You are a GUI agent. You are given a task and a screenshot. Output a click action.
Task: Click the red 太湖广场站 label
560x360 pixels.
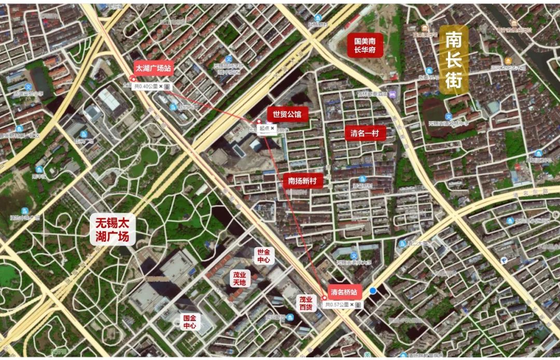(153, 68)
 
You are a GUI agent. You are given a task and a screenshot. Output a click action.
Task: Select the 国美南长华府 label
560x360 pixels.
(365, 46)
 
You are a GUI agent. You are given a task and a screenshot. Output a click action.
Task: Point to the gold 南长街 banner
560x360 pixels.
(454, 60)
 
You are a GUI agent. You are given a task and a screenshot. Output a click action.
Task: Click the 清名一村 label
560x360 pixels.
(365, 133)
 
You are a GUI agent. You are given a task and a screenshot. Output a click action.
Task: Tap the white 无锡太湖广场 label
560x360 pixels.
(113, 229)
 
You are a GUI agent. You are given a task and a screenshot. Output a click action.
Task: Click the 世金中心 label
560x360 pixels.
(263, 255)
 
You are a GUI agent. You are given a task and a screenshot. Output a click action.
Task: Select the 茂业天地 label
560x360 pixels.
(240, 278)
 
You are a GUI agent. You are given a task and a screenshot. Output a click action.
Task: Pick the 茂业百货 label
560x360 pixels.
(305, 303)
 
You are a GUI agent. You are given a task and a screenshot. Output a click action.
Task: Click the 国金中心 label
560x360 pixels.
(190, 322)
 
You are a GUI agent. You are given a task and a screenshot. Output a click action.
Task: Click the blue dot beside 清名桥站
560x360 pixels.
(372, 291)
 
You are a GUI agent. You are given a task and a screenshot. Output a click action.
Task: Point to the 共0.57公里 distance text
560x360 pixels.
(337, 305)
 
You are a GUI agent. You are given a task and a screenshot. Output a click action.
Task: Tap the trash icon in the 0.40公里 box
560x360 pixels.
(167, 87)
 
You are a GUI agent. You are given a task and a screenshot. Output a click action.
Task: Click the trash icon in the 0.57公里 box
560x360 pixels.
(358, 305)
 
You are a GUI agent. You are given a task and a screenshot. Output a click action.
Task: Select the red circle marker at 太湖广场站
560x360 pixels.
(133, 79)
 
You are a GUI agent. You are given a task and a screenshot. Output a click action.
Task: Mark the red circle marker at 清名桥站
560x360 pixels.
(325, 298)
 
